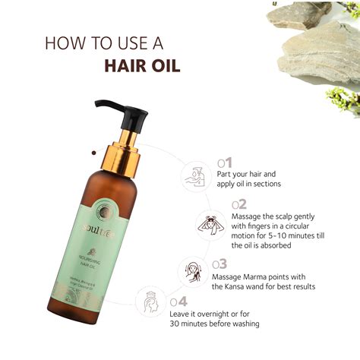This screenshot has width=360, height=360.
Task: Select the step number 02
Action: click(x=239, y=204)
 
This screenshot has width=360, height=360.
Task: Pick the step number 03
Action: click(x=219, y=264)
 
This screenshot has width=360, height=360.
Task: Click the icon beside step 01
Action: click(x=194, y=176)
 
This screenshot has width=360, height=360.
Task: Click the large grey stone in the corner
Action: click(x=319, y=46)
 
